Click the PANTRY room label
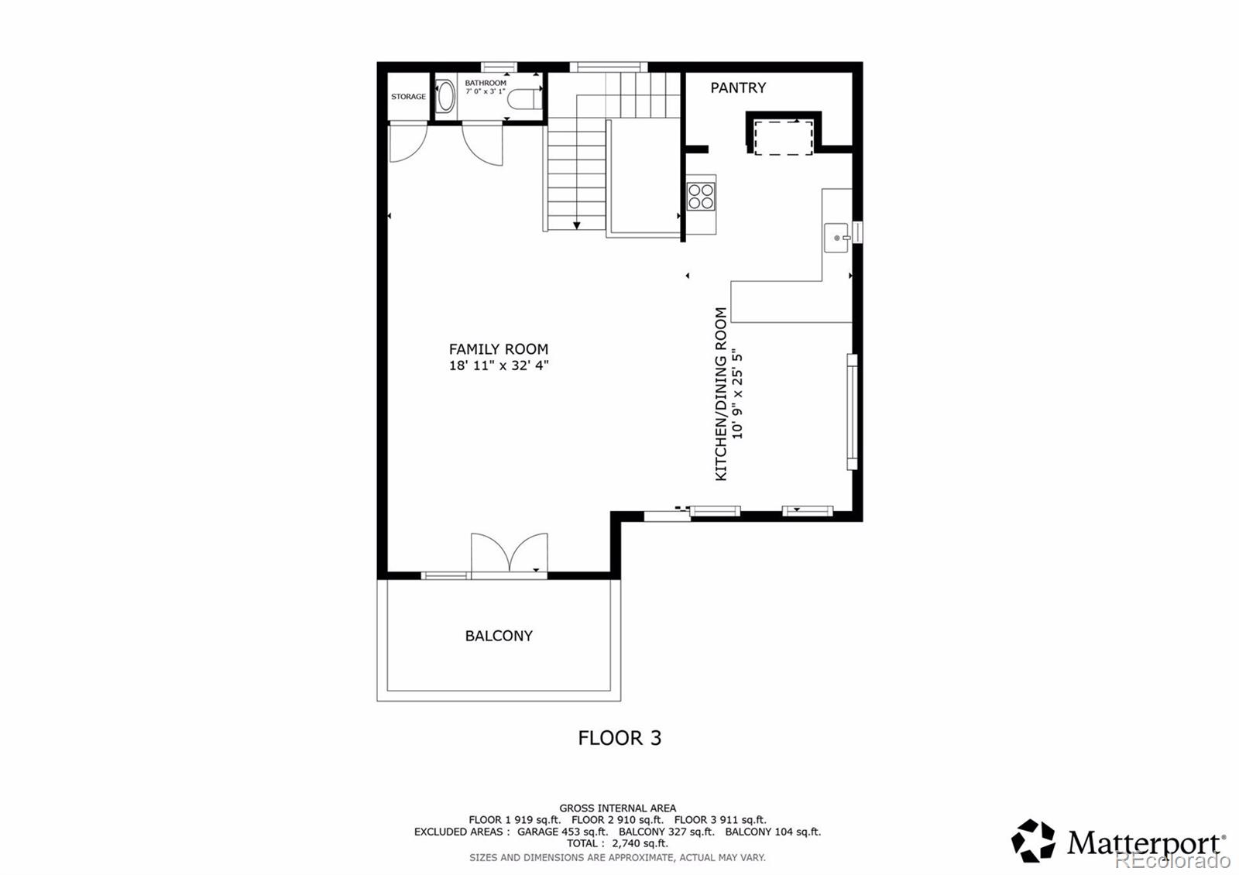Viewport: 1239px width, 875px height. click(738, 88)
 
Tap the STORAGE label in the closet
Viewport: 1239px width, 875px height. click(408, 97)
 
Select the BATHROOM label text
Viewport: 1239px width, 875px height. click(486, 83)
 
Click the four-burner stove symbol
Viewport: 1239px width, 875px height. click(701, 196)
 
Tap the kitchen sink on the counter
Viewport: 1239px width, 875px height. click(836, 238)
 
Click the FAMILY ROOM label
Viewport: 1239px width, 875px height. click(499, 349)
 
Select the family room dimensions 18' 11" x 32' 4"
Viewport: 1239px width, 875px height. click(499, 365)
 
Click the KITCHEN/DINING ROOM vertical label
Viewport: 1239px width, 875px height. click(721, 394)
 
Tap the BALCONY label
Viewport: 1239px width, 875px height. click(499, 636)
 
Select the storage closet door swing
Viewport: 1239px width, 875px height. click(407, 143)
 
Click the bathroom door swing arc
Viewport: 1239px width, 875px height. click(482, 145)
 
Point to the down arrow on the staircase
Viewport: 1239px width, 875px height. click(576, 225)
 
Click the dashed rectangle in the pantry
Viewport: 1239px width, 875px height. click(784, 137)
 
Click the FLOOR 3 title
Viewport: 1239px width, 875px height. click(619, 738)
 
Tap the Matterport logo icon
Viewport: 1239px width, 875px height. click(1033, 841)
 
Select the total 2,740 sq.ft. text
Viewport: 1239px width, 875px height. click(617, 843)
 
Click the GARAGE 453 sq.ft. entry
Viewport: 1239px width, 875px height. click(563, 832)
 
